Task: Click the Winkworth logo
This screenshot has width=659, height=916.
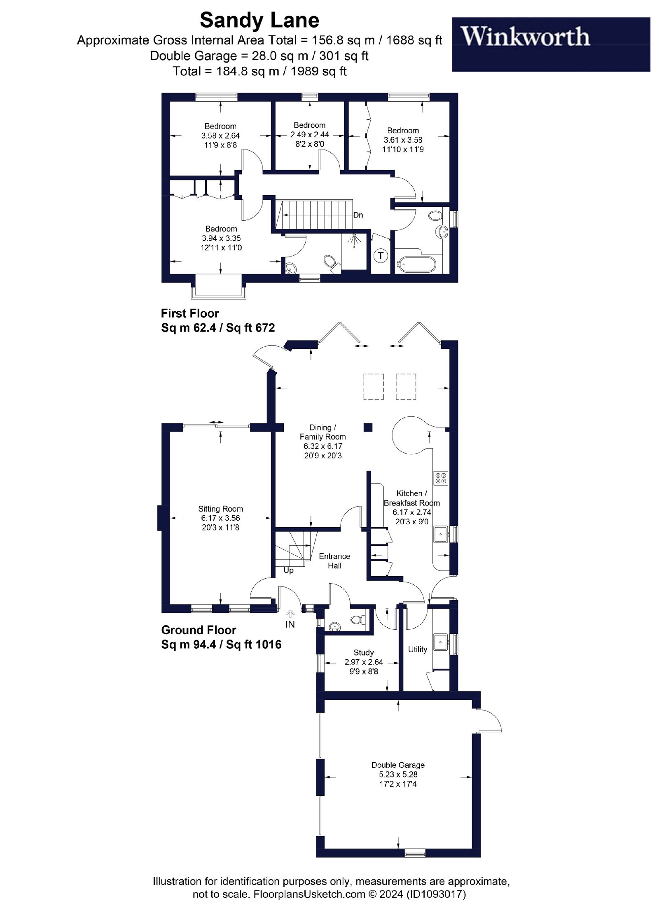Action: coord(551,44)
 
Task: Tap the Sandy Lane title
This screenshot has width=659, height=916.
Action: coord(259,20)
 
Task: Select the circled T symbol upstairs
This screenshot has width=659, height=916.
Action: coord(381,256)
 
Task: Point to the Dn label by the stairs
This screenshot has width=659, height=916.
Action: coord(358,215)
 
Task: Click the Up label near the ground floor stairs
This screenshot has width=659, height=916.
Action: coord(288,570)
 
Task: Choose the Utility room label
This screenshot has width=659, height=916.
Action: coord(418,649)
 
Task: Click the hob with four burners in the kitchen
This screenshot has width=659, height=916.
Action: coord(441,478)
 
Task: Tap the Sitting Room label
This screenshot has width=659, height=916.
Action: coord(220,509)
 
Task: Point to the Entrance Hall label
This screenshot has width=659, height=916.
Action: coord(334,561)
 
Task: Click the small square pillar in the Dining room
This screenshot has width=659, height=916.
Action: coord(368,427)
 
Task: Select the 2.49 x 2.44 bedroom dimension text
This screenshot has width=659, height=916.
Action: coord(310,135)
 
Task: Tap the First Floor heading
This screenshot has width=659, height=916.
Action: coord(190,313)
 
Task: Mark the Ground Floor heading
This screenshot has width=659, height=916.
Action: coord(199,630)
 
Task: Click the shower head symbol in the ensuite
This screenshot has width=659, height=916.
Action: coord(354,241)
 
